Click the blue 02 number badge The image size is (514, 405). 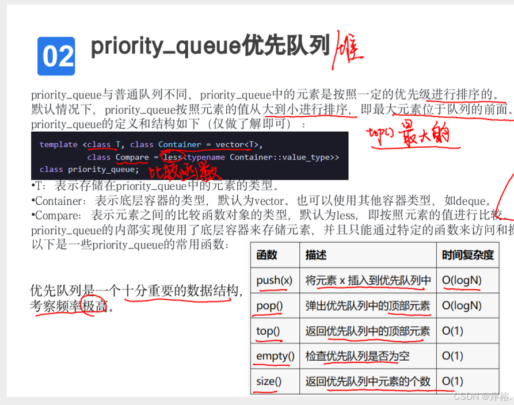[56, 56]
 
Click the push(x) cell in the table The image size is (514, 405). [274, 280]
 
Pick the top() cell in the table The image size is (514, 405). [268, 331]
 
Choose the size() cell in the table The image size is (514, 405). [269, 381]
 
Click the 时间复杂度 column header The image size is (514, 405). [467, 255]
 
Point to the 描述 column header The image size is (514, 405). [316, 255]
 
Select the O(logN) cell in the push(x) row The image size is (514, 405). [461, 280]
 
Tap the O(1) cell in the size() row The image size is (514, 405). [452, 381]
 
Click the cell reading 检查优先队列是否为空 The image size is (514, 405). [357, 356]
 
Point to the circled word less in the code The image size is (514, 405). [172, 157]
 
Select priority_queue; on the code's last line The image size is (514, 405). [104, 169]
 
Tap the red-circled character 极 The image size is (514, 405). [89, 306]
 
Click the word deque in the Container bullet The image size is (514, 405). [473, 201]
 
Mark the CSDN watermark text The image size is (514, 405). [481, 396]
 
